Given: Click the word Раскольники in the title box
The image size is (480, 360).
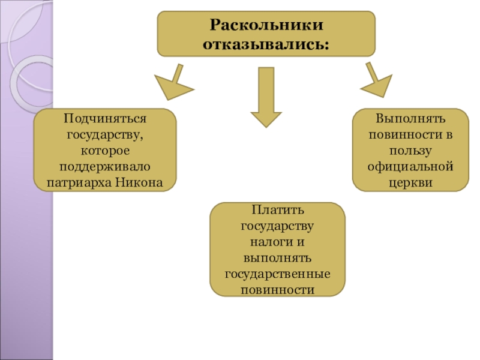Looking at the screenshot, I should tap(266, 26).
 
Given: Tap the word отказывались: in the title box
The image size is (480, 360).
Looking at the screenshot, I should tap(266, 44).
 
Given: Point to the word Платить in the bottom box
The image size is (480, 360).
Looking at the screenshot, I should tap(277, 212).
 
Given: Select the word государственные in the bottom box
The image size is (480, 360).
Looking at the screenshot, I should tap(277, 274).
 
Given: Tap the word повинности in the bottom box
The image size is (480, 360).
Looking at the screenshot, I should tap(277, 290).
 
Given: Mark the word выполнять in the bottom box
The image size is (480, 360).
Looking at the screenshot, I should tap(277, 259).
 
